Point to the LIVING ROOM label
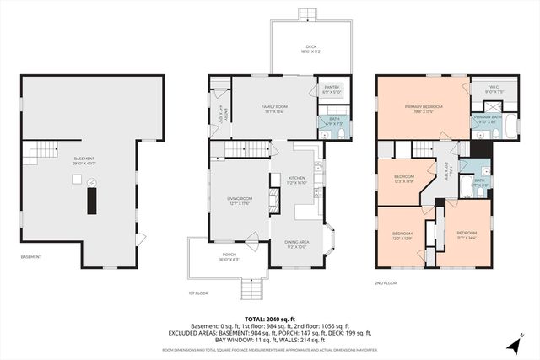point(240,199)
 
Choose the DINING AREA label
point(295,243)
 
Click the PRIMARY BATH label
point(487,116)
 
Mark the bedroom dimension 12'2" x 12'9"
point(402,238)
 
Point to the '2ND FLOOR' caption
point(386,284)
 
